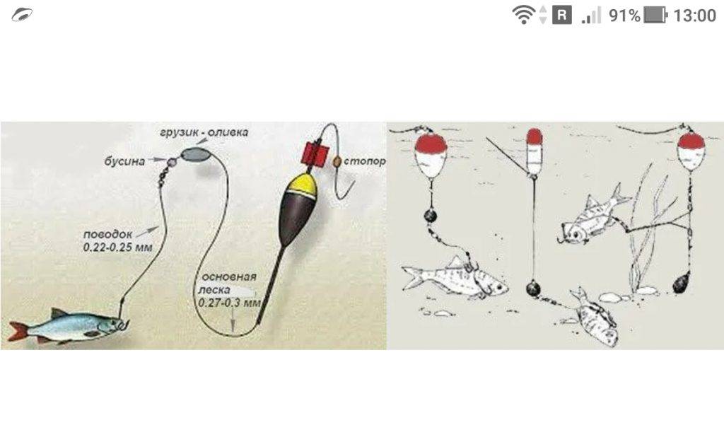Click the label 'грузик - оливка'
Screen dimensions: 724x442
click(204, 132)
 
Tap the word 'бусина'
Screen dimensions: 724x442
click(124, 161)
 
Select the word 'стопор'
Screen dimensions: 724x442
click(365, 162)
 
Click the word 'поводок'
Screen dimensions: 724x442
click(107, 235)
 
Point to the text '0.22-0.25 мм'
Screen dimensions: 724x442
click(118, 248)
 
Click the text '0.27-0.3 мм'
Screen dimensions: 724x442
click(229, 303)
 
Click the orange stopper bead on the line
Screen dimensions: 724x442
click(337, 161)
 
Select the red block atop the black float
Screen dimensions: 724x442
click(316, 153)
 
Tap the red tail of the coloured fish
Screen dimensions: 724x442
click(18, 331)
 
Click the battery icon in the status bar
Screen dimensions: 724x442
click(655, 16)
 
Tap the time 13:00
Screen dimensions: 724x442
click(694, 16)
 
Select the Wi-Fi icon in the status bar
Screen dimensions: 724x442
click(523, 14)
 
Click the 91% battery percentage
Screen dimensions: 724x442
click(624, 16)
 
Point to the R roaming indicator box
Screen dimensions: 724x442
click(561, 16)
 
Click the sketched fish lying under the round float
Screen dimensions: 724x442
click(455, 279)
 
